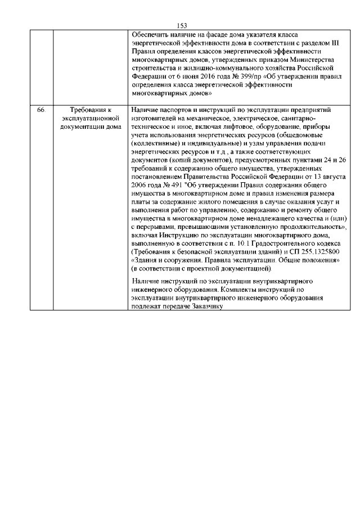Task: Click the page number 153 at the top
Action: (x=181, y=25)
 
